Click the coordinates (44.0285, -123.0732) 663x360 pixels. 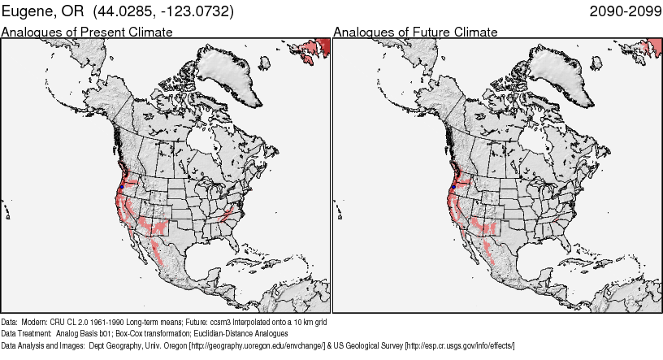162,11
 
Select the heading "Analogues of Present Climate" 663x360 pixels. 87,32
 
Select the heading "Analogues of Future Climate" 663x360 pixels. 415,32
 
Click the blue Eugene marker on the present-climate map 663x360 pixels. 121,188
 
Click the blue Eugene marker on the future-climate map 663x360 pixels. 453,188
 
